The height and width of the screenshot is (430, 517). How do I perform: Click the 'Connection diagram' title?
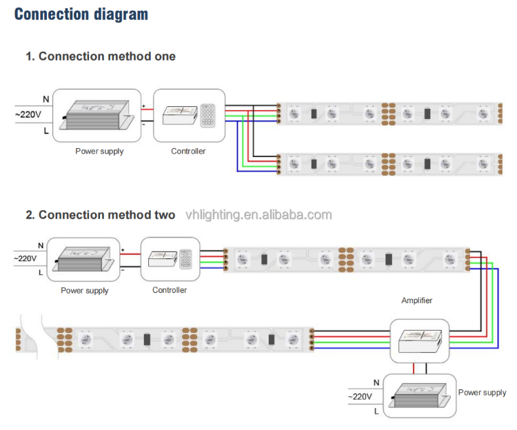click(x=81, y=14)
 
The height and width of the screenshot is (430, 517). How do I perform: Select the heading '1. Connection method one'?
click(x=101, y=57)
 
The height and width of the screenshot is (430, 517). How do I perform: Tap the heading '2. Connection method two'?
click(x=101, y=215)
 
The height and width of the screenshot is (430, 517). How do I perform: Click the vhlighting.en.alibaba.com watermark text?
click(x=258, y=215)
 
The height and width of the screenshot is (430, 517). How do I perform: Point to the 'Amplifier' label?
click(x=417, y=300)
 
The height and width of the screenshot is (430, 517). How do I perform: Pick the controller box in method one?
click(x=189, y=115)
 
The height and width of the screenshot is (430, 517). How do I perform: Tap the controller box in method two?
click(x=170, y=259)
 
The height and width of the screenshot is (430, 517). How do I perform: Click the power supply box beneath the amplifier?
click(x=419, y=396)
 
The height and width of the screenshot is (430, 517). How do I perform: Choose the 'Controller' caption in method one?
click(x=188, y=151)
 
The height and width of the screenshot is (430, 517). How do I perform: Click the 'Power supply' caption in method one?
click(x=99, y=151)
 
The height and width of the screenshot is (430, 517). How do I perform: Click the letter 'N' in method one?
click(x=45, y=99)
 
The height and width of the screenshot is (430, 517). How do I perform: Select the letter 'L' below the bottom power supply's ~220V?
click(x=376, y=411)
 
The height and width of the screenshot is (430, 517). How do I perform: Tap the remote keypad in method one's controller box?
click(x=207, y=115)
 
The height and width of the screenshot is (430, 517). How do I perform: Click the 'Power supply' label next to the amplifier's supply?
click(x=482, y=393)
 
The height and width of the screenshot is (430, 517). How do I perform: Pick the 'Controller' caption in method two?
click(x=170, y=290)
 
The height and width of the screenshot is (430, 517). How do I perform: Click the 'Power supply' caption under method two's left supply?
click(x=85, y=290)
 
